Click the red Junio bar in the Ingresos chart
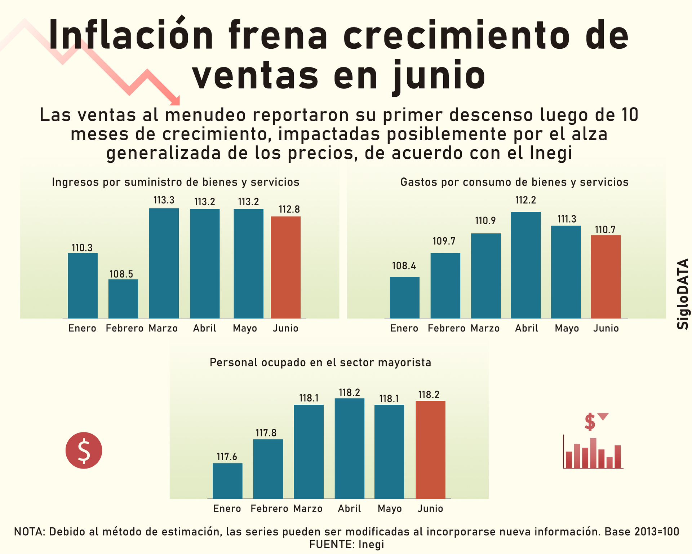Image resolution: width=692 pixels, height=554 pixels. click(x=285, y=267)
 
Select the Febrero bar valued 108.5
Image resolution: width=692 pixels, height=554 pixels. click(x=123, y=299)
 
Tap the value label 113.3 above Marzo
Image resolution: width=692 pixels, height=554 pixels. click(x=164, y=200)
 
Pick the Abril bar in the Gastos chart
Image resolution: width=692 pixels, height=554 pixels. click(x=526, y=265)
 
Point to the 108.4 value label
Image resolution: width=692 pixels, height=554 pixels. click(x=404, y=266)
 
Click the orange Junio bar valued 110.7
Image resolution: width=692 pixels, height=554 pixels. click(x=605, y=277)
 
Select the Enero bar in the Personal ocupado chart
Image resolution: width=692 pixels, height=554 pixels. click(x=227, y=481)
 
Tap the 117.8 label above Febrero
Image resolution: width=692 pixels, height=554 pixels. click(x=266, y=433)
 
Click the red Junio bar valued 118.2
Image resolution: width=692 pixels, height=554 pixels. click(x=430, y=449)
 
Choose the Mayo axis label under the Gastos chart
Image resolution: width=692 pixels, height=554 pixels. click(x=567, y=329)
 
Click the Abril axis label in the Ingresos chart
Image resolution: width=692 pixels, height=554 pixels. click(x=204, y=329)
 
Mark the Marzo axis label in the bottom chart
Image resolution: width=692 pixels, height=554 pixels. click(x=308, y=509)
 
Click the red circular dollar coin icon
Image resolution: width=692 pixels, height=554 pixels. click(x=84, y=450)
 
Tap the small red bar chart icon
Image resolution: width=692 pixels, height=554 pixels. click(x=593, y=453)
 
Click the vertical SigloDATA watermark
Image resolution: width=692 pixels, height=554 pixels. click(x=683, y=294)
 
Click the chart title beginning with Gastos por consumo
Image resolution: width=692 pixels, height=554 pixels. click(x=514, y=182)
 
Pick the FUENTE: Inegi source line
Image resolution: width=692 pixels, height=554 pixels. click(x=346, y=544)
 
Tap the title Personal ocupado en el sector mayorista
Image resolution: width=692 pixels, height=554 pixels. click(x=320, y=362)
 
